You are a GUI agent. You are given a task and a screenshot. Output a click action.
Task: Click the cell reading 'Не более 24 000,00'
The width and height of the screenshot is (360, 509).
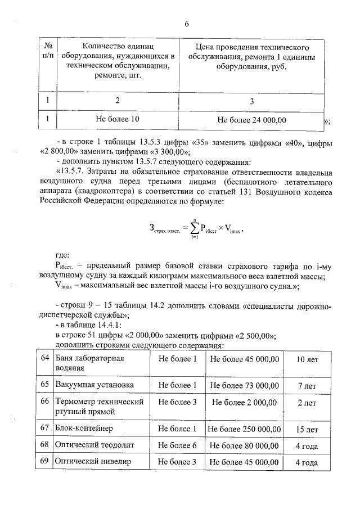[x=251, y=120]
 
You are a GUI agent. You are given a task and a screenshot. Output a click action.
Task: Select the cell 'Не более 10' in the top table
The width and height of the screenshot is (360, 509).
[x=118, y=119]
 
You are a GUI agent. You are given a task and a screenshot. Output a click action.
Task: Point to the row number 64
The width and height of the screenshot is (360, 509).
[x=45, y=358]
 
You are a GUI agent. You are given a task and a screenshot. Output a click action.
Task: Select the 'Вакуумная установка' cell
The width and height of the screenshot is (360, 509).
[x=94, y=385]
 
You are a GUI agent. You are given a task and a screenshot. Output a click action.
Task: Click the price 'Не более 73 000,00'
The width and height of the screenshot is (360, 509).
[x=244, y=385]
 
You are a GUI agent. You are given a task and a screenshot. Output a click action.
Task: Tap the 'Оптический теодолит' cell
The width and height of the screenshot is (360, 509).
[x=91, y=445]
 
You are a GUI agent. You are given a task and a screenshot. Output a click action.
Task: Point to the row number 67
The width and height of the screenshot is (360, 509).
[x=45, y=429]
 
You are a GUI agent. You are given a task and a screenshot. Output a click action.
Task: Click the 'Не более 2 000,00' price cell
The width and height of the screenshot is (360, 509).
[x=244, y=402]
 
